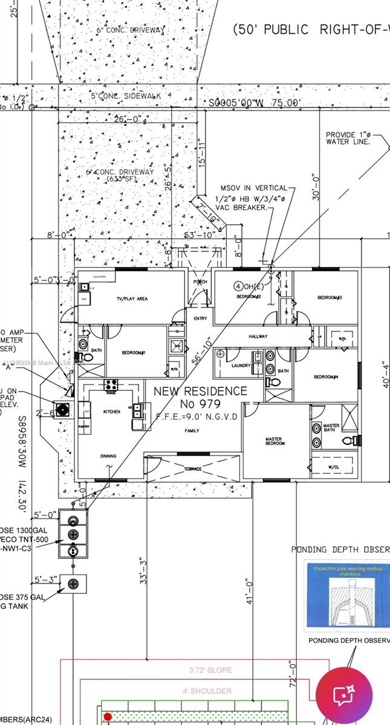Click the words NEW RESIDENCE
(x=200, y=391)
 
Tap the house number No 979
(x=200, y=404)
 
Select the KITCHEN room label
(x=111, y=411)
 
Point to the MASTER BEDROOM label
(x=275, y=441)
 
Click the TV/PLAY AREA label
(x=132, y=298)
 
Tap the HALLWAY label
(x=258, y=336)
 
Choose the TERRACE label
(x=193, y=469)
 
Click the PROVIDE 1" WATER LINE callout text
(x=346, y=138)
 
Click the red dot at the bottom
(x=108, y=717)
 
